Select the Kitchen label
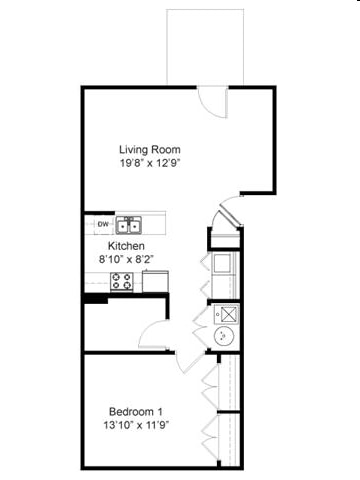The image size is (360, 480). click(127, 246)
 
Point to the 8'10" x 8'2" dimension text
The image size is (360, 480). click(127, 259)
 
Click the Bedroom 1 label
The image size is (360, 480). click(135, 412)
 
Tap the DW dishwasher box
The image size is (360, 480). click(102, 224)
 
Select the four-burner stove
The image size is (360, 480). click(122, 281)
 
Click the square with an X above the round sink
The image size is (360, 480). click(225, 312)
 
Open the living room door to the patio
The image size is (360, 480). click(213, 101)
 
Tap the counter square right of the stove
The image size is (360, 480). click(155, 281)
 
